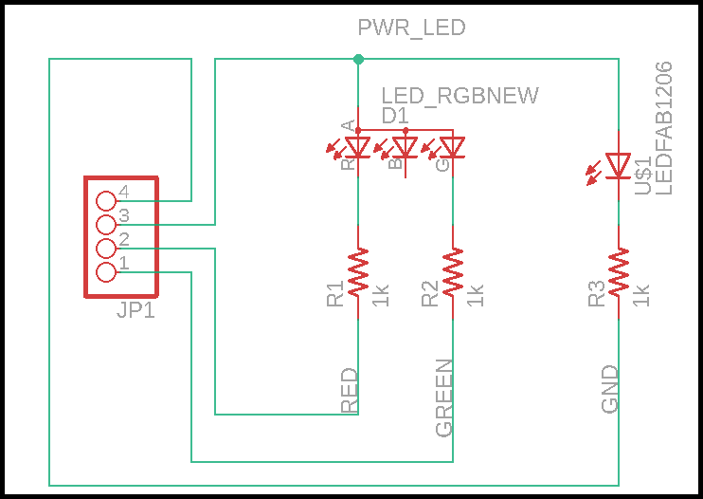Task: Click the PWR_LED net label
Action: (x=411, y=28)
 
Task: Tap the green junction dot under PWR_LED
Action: (x=358, y=60)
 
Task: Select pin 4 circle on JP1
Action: (x=106, y=201)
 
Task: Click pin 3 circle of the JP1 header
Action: (x=106, y=225)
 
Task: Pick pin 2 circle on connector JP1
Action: (x=106, y=249)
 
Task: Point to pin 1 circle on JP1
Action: (x=106, y=272)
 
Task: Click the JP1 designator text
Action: (x=136, y=310)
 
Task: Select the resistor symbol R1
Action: (x=358, y=272)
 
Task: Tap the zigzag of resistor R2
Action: (x=453, y=272)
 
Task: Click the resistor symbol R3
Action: (x=619, y=272)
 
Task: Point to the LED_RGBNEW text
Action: (x=460, y=96)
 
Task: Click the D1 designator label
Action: (x=395, y=115)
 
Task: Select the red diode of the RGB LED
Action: (x=357, y=147)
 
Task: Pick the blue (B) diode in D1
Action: (x=406, y=147)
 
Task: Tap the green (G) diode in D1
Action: (x=453, y=147)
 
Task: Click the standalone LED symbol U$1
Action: (x=618, y=167)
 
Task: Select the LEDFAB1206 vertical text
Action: (x=663, y=128)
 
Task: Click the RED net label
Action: (x=350, y=391)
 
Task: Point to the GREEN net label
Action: (x=444, y=398)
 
